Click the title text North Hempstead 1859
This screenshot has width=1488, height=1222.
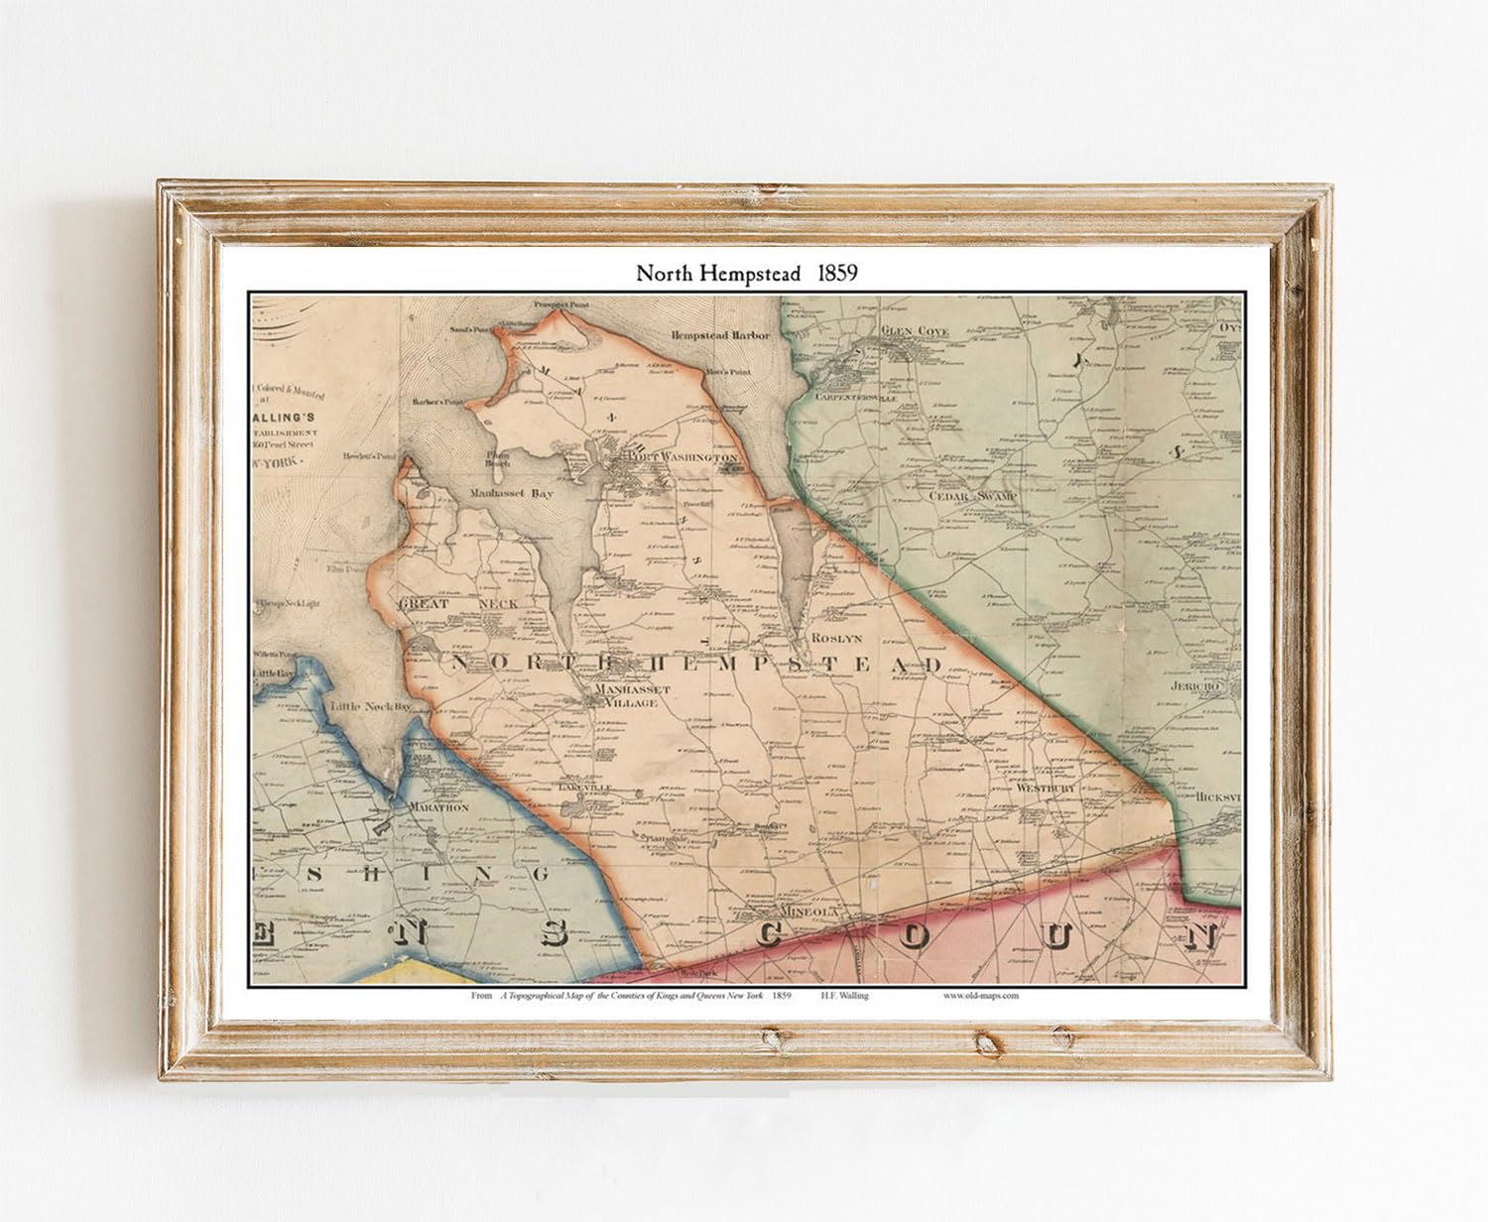tap(746, 274)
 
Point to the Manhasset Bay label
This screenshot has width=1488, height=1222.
tap(512, 492)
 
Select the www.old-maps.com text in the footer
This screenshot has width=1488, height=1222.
tap(980, 996)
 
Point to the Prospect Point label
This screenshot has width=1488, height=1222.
tap(561, 305)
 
